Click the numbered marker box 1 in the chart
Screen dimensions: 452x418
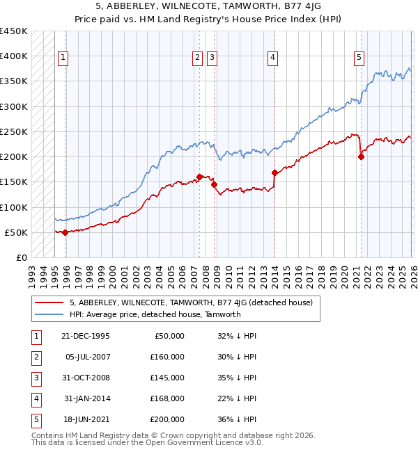pos(63,58)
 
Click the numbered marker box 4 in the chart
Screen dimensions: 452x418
pos(272,58)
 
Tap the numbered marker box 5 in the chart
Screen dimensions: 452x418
pos(359,58)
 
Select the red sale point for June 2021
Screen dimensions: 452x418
pos(361,156)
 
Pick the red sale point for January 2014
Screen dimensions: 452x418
pos(274,172)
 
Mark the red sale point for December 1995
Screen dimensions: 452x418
pos(65,232)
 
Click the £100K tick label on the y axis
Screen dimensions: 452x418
pos(14,207)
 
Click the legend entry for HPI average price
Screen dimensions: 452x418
pos(155,314)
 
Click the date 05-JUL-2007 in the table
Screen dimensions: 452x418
pos(86,357)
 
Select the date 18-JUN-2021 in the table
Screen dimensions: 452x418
pos(86,419)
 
